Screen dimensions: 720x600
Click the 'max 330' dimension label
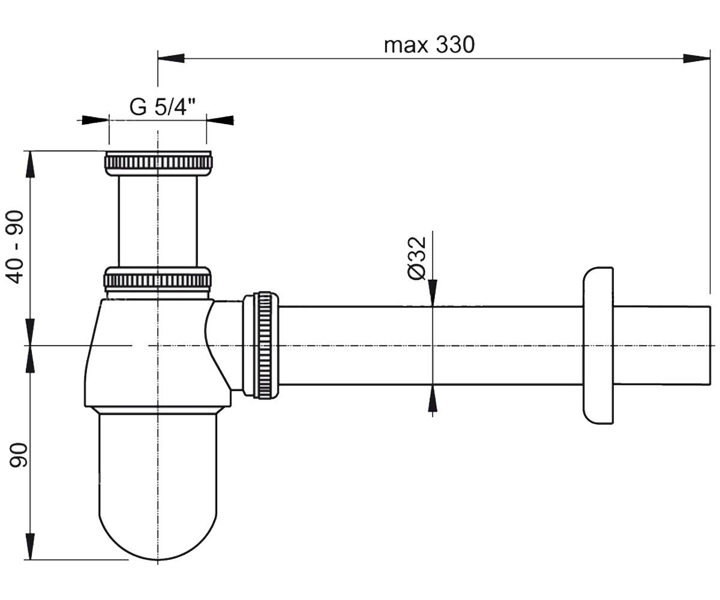pos(429,45)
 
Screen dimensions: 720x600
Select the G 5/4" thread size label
pos(163,107)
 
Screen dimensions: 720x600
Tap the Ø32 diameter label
pos(417,258)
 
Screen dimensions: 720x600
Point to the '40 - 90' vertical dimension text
pos(16,247)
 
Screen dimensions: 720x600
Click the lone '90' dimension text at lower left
pos(18,455)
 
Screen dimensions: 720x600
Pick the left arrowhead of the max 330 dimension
pos(171,58)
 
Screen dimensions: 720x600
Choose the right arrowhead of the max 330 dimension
pos(697,58)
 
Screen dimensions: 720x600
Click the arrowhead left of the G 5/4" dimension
pos(95,121)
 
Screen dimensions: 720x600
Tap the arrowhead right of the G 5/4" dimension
pos(220,121)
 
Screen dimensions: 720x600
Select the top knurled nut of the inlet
pos(158,163)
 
